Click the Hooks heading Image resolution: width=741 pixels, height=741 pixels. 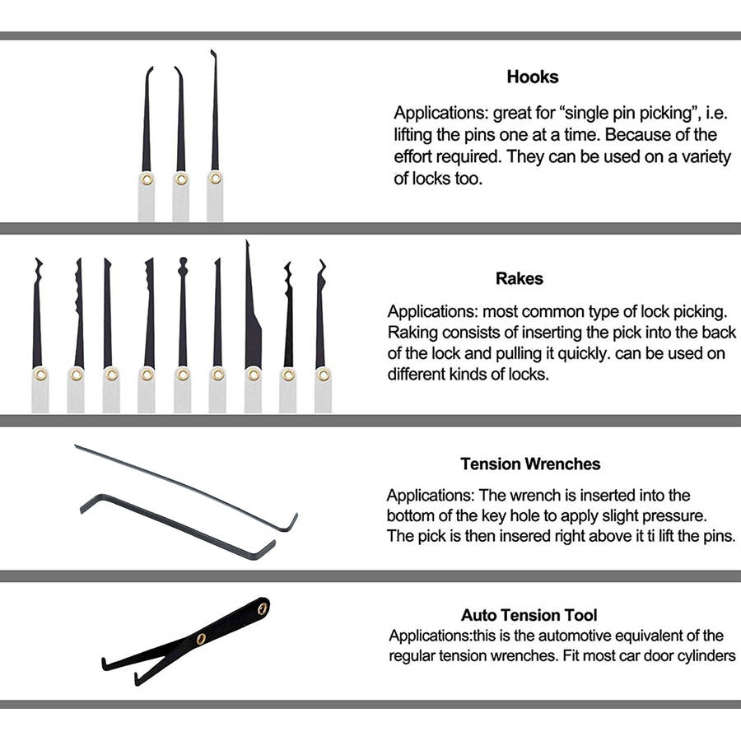point(533,77)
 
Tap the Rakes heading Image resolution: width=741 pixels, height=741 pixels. point(520,278)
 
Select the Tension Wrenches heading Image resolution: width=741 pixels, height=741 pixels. point(531,464)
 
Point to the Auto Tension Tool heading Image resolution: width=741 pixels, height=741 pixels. point(529,615)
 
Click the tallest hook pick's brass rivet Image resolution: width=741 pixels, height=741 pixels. point(216,178)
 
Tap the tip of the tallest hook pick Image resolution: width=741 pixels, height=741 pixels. point(212,51)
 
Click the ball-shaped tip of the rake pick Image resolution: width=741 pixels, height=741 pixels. point(183,261)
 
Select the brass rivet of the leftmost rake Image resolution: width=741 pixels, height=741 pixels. point(40,375)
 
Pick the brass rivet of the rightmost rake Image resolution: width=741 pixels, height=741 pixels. point(324,375)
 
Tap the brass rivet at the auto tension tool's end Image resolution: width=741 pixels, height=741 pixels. point(263,608)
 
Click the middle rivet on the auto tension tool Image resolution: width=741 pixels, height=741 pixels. point(202,639)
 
